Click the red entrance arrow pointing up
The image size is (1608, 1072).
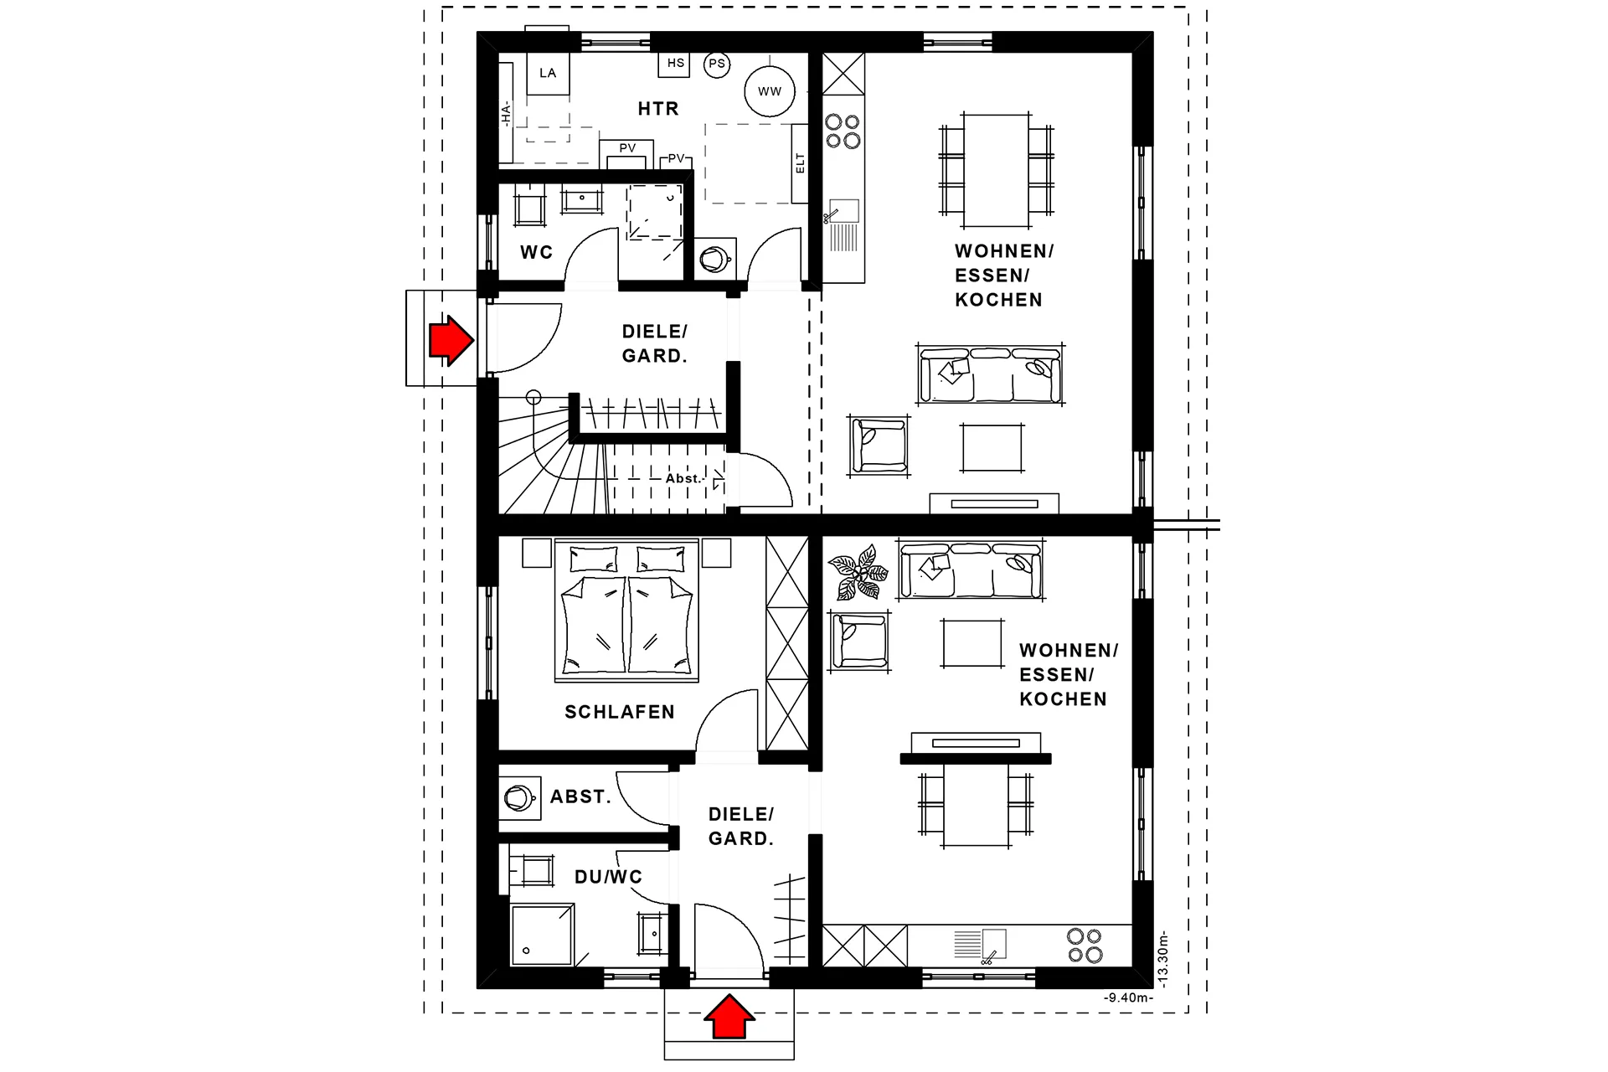click(x=729, y=1016)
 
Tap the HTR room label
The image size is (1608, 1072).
click(x=658, y=109)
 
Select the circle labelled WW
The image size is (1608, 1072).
click(x=770, y=91)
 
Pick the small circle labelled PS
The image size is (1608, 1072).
click(x=717, y=64)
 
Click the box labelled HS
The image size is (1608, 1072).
click(x=675, y=64)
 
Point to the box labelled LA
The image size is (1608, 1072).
click(x=548, y=73)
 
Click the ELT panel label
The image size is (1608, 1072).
click(x=800, y=163)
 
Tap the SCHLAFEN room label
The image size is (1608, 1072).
click(x=620, y=712)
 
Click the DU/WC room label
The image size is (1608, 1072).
click(x=609, y=877)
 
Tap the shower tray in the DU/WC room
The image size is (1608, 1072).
click(x=542, y=935)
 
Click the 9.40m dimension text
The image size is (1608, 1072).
click(x=1128, y=997)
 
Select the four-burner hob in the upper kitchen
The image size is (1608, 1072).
click(x=843, y=131)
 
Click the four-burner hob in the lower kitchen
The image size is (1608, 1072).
click(x=1085, y=946)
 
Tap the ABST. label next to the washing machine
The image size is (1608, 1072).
click(x=580, y=796)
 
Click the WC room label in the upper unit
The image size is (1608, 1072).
click(x=537, y=252)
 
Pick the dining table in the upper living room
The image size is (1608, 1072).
click(x=996, y=171)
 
